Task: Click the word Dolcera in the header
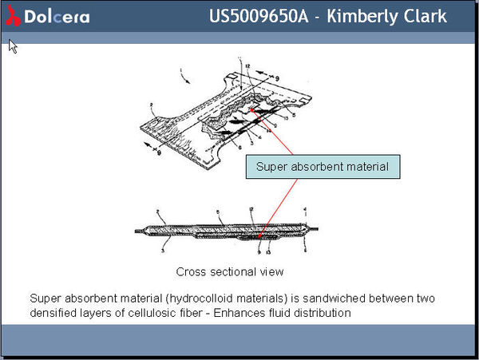point(56,17)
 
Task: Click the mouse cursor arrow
point(13,46)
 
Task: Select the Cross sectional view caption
point(230,271)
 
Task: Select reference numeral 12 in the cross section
point(251,209)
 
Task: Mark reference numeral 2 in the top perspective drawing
point(152,105)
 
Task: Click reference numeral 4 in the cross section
point(305,210)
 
